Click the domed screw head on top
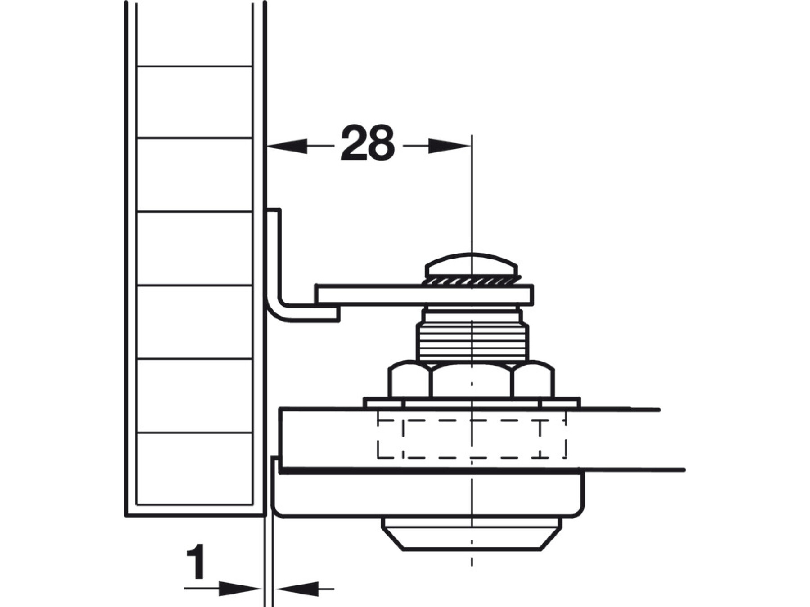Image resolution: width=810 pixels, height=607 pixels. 472,265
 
